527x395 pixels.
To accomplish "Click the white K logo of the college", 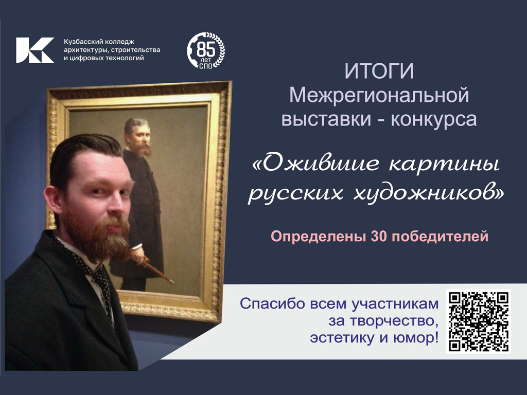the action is click(35, 50).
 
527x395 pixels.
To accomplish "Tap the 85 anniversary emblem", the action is click(206, 50).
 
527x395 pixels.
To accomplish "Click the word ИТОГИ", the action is click(379, 71).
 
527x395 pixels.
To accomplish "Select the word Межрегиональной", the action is click(379, 95).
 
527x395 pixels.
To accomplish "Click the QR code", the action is click(478, 321).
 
